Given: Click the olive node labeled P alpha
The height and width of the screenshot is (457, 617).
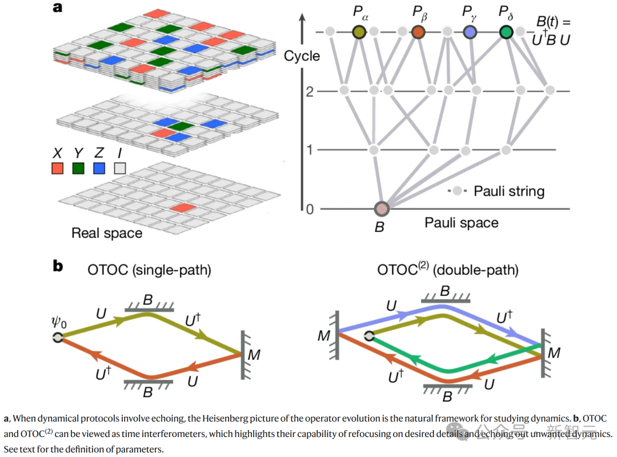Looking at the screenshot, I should tap(359, 32).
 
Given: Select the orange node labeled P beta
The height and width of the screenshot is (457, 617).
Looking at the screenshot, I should tap(419, 32).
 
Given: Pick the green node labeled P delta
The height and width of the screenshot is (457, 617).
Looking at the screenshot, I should tap(506, 32).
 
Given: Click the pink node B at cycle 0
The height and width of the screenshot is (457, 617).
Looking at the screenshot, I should tap(382, 209).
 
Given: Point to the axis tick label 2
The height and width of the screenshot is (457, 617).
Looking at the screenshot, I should tap(310, 91).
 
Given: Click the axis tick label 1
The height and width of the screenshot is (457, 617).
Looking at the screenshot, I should tap(310, 150).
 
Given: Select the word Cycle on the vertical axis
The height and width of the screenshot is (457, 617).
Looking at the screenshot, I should tap(302, 56).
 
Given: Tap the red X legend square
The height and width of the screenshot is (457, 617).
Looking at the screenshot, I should tap(57, 169).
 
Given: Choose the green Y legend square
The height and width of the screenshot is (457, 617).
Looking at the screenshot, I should tap(78, 169).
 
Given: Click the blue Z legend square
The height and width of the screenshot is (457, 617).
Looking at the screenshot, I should tap(99, 169).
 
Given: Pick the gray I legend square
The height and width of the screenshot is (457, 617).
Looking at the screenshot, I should tap(119, 169).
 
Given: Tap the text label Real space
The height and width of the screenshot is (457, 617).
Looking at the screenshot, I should tap(107, 233).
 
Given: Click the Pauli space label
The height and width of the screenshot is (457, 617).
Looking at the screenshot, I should tap(462, 223).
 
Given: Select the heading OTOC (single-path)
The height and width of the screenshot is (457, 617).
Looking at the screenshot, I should tap(150, 269).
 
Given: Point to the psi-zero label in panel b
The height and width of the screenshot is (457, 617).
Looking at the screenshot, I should tap(58, 324).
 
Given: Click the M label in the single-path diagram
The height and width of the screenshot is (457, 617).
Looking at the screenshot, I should tap(254, 355).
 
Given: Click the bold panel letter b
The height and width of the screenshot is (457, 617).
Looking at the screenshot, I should tap(58, 267).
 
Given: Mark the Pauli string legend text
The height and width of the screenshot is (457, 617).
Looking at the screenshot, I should tap(509, 191).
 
